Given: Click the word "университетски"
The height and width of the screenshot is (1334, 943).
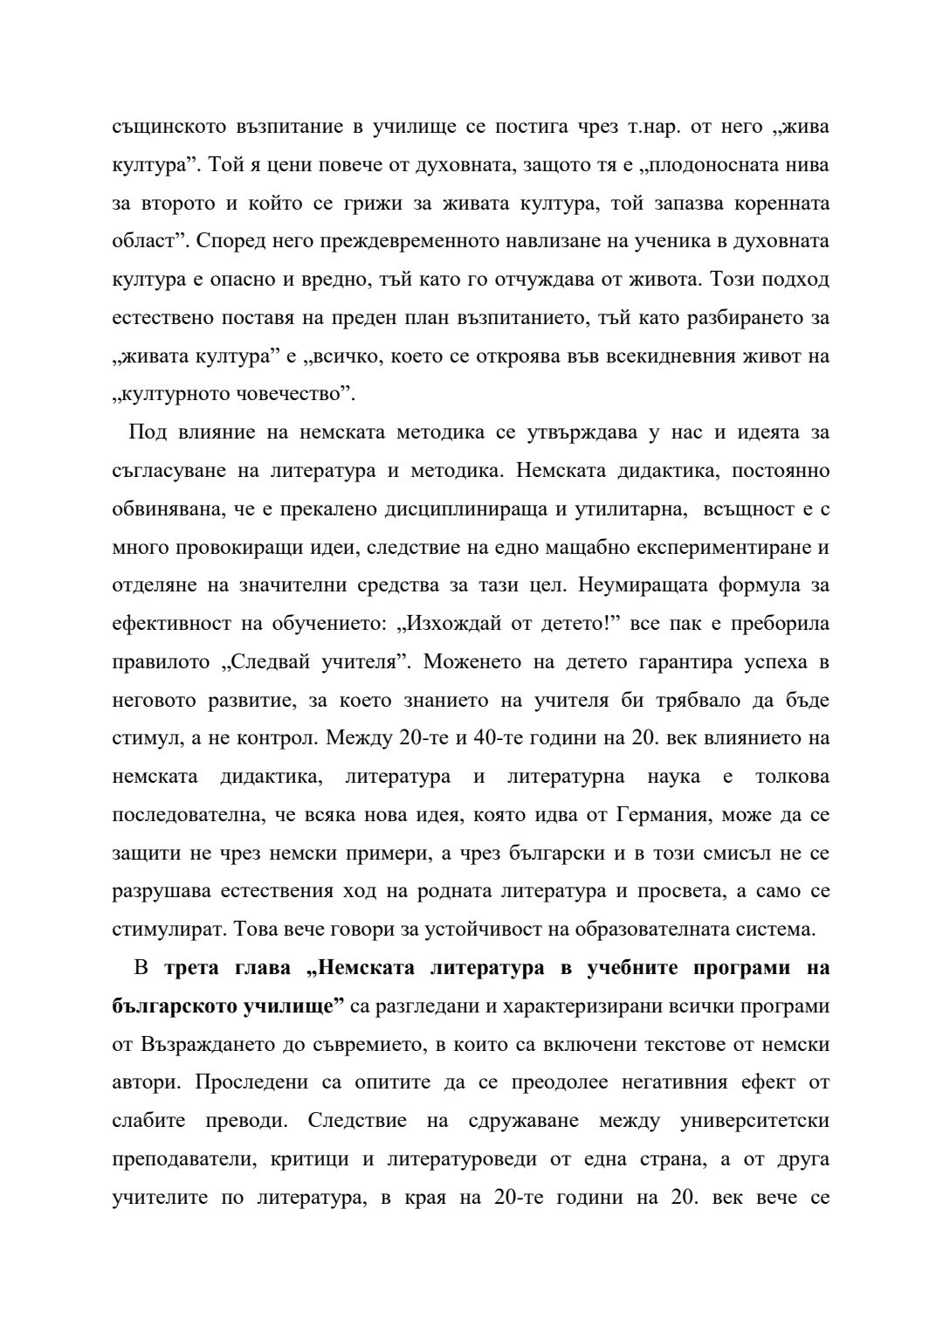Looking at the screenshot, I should coord(754,1121).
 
